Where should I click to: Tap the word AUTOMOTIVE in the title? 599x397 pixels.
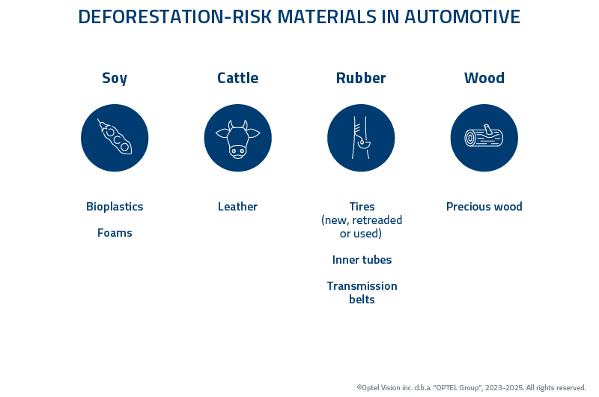462,17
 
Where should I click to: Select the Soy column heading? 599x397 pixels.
115,78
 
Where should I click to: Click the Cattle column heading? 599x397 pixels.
237,78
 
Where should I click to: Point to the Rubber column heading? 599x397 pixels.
361,78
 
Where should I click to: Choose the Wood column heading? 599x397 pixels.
484,78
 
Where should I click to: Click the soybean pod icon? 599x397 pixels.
115,138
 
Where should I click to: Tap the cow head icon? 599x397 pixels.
237,138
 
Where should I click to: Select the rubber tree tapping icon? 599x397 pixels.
361,138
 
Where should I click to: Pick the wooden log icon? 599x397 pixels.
484,138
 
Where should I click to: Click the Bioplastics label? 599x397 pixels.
115,207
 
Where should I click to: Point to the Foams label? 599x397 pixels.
115,233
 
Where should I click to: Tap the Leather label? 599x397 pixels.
237,207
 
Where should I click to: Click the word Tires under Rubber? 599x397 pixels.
362,207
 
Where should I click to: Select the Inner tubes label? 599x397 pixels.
362,260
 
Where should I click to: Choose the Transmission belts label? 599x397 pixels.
362,293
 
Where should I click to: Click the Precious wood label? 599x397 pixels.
484,207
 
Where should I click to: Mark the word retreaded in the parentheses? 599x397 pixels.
377,220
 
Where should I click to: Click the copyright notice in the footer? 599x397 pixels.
471,387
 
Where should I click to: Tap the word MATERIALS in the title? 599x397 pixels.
323,17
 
